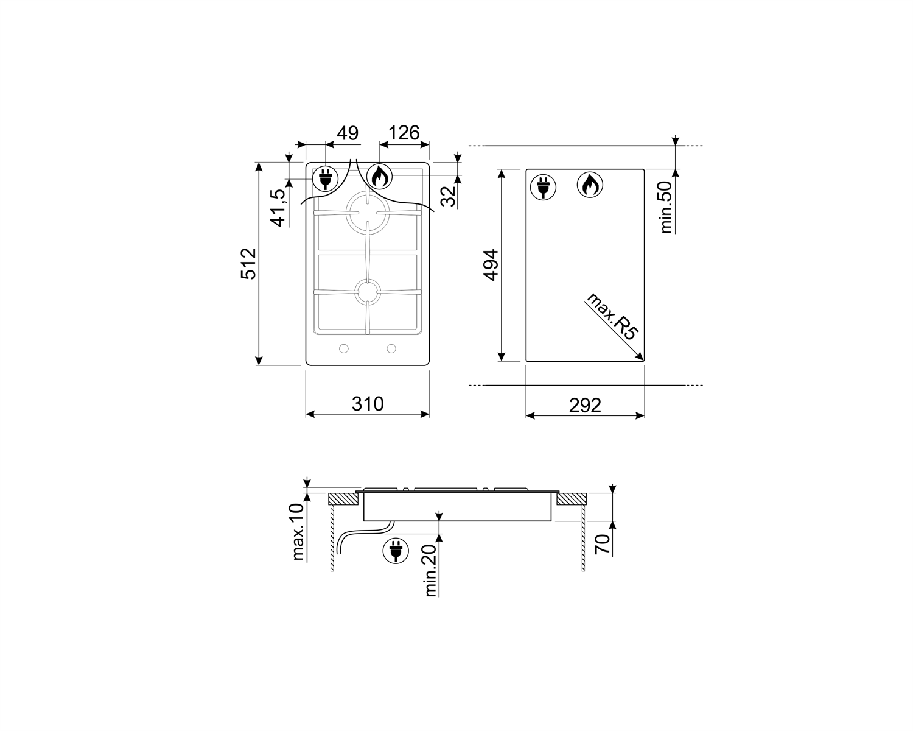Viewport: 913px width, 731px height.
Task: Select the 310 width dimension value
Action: tap(368, 403)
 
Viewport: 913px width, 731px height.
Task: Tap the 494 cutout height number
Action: tap(491, 264)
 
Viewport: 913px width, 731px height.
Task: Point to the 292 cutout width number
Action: tap(585, 405)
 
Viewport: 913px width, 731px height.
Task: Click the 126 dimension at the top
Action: tap(404, 132)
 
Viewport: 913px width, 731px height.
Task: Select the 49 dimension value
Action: tap(348, 133)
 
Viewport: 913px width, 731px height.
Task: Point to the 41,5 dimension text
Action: tap(278, 208)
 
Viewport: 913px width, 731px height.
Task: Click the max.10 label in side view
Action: tap(298, 532)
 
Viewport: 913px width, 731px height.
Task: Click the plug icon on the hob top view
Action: tap(324, 178)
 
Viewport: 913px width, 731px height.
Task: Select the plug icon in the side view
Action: tap(395, 549)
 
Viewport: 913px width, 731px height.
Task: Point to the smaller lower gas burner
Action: tap(368, 291)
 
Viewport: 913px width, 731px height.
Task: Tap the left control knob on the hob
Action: tap(344, 348)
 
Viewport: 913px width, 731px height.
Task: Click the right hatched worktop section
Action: tap(571, 500)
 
